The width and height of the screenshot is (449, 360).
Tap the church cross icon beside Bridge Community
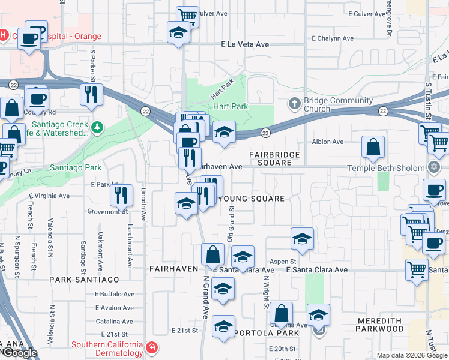[294, 103]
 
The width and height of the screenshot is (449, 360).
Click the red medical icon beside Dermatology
[151, 347]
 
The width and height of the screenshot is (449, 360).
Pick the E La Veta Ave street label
[245, 44]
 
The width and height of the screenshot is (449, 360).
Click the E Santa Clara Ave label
[316, 270]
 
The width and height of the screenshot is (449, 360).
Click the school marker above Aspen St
[303, 238]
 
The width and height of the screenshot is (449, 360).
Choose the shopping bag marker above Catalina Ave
[281, 313]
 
